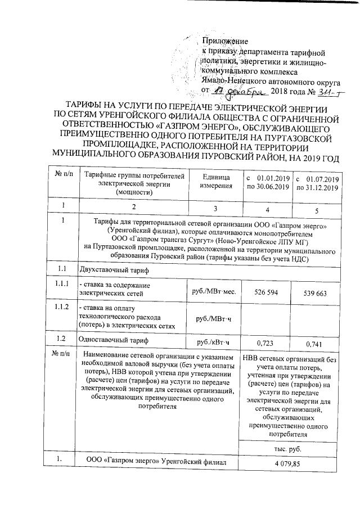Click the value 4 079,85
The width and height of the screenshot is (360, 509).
(x=288, y=462)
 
